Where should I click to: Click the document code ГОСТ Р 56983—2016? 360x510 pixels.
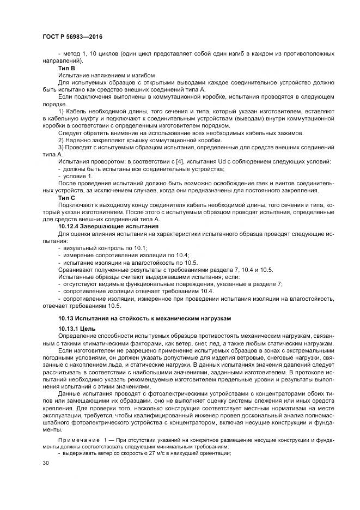click(72, 37)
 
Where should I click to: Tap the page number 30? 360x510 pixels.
click(45, 463)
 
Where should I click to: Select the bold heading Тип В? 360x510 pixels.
click(66, 69)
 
